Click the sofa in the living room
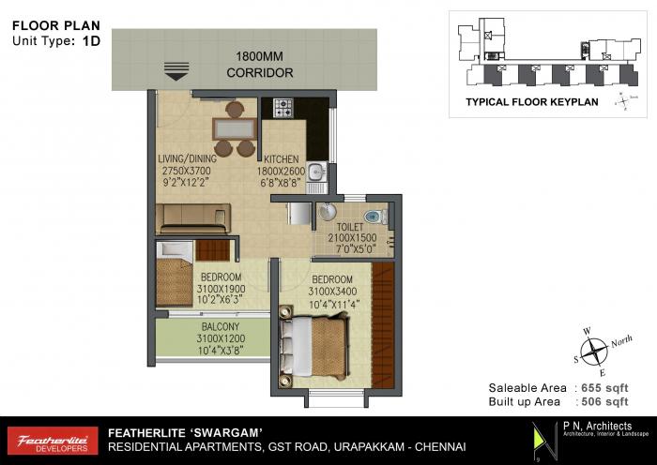[194, 218]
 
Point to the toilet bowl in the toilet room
[374, 217]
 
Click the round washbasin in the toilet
[327, 212]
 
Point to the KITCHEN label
[282, 158]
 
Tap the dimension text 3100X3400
[332, 292]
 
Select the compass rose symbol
[593, 352]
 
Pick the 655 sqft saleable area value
[604, 387]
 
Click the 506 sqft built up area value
[604, 401]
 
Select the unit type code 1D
[91, 41]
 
